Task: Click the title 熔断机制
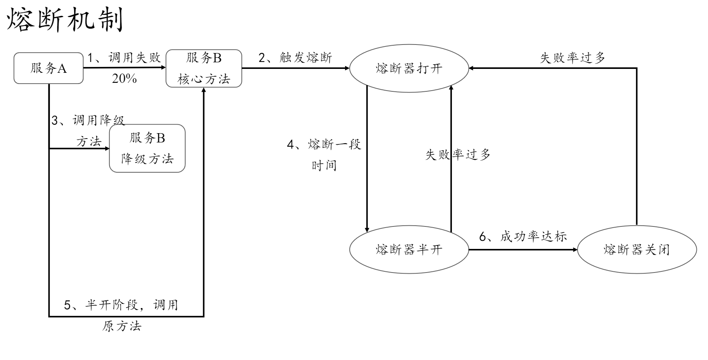(65, 20)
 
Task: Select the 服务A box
(48, 69)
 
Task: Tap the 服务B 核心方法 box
(204, 69)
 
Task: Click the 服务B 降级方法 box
(147, 148)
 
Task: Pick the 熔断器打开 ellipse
(409, 69)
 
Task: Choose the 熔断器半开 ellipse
(409, 250)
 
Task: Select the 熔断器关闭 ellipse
(637, 250)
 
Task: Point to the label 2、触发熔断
(295, 58)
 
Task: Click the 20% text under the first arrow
(124, 79)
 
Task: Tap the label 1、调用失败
(124, 58)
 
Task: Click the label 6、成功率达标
(523, 237)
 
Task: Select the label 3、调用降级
(88, 121)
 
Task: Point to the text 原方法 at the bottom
(122, 326)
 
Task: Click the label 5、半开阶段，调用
(121, 305)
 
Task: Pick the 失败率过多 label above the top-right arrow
(573, 58)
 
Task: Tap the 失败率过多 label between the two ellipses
(458, 155)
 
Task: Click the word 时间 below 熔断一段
(324, 166)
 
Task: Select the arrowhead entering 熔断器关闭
(575, 250)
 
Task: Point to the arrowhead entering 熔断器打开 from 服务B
(347, 68)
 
